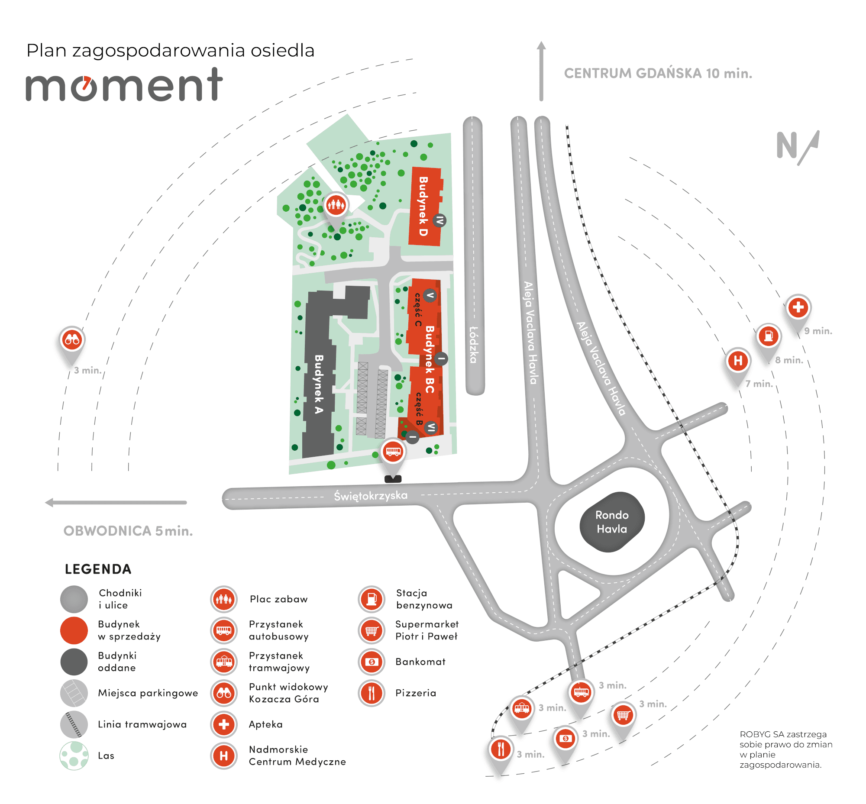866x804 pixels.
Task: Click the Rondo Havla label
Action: click(x=611, y=522)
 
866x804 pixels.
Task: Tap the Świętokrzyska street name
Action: click(x=370, y=496)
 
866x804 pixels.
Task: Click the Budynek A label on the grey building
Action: click(x=319, y=384)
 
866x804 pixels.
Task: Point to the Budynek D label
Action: click(x=423, y=206)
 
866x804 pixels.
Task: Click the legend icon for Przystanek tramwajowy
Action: click(x=224, y=662)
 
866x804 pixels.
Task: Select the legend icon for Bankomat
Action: click(x=371, y=662)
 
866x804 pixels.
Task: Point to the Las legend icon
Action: click(x=74, y=756)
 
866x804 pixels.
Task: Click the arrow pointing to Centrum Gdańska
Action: click(x=541, y=71)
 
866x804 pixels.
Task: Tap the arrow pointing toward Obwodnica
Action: click(x=116, y=503)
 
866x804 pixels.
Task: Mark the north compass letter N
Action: click(x=787, y=145)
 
